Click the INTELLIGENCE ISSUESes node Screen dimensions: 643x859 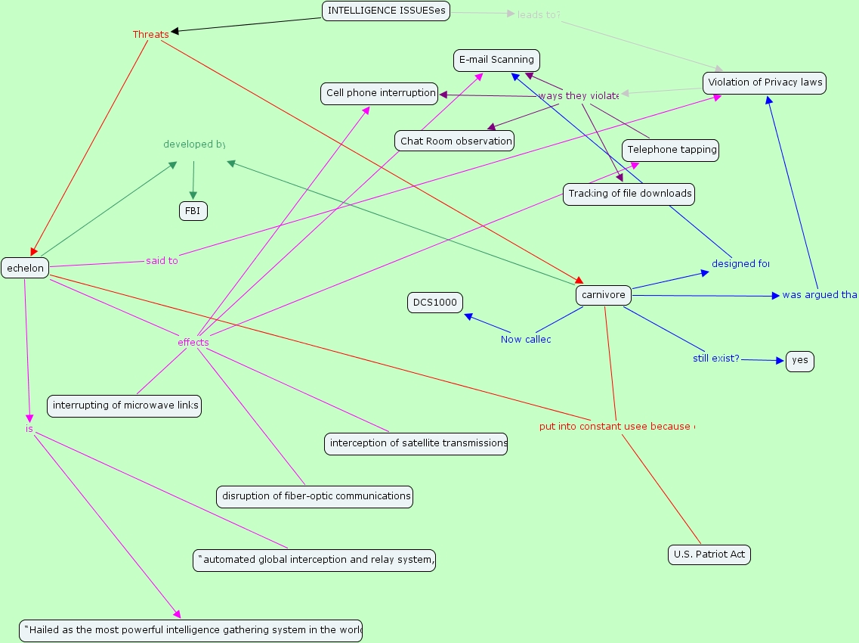(x=386, y=11)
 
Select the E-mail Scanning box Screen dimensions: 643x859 (x=496, y=60)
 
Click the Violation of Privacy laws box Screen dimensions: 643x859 (x=764, y=82)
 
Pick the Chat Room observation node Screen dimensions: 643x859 (x=455, y=141)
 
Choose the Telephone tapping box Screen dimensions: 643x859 (x=671, y=150)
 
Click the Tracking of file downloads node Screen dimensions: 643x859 (x=629, y=194)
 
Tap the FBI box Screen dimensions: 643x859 (x=193, y=212)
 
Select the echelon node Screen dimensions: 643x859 (x=26, y=268)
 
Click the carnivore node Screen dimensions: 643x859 (x=604, y=295)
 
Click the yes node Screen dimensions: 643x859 (x=799, y=361)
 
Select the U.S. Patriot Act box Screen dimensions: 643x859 (x=709, y=554)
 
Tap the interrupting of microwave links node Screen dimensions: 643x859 (x=125, y=405)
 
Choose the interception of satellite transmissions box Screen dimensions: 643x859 (x=416, y=443)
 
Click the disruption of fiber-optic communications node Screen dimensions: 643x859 (x=315, y=496)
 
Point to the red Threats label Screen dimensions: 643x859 (x=150, y=35)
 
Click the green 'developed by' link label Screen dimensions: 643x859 (x=194, y=144)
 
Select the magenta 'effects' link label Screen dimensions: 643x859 (x=193, y=343)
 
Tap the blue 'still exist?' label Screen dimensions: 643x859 (x=715, y=359)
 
